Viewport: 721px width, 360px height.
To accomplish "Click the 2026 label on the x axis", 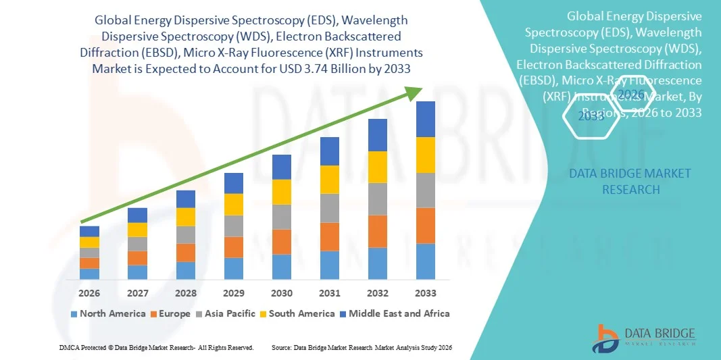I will (x=89, y=293).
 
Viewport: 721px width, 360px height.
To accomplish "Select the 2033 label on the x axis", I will (x=426, y=293).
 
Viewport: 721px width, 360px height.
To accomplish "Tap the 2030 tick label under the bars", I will (x=282, y=293).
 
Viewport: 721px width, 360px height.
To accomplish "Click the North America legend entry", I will (x=107, y=313).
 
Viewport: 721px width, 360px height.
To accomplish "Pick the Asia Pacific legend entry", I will (x=226, y=313).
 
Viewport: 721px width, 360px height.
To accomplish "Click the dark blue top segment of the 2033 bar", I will (x=426, y=119).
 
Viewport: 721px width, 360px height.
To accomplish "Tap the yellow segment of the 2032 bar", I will (x=378, y=167).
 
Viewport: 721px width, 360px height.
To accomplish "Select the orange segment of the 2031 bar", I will (x=330, y=236).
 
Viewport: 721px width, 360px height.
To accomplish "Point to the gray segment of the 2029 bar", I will (x=234, y=226).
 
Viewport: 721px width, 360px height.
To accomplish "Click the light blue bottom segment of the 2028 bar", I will (x=186, y=270).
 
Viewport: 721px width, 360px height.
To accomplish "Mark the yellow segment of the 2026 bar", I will (x=89, y=242).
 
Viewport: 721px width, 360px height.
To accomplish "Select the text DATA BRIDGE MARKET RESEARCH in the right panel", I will (x=620, y=181).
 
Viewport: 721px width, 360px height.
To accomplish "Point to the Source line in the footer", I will (x=361, y=347).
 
